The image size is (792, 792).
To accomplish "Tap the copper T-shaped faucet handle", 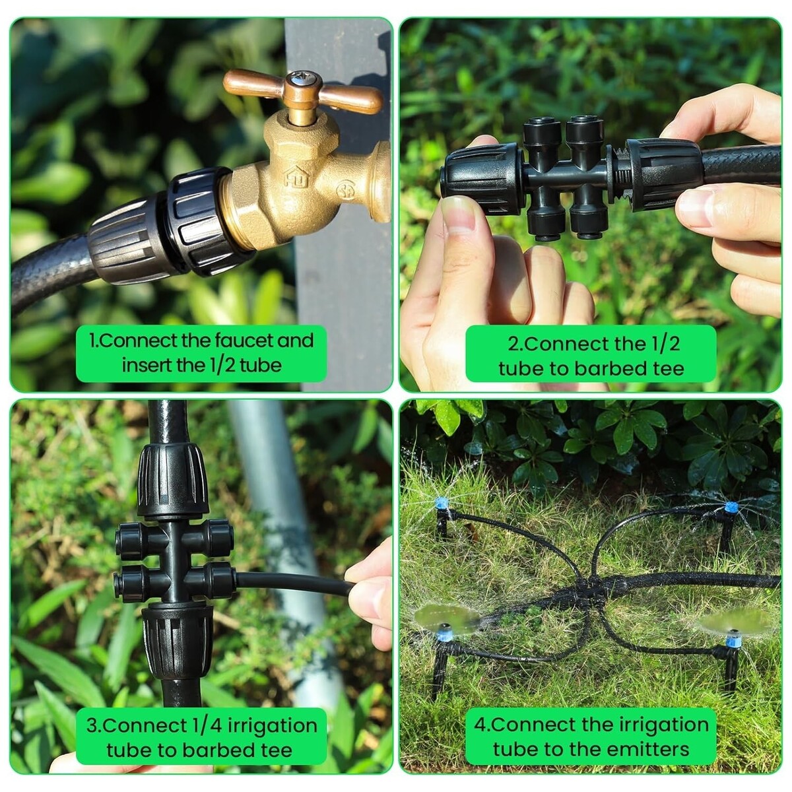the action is tap(304, 91).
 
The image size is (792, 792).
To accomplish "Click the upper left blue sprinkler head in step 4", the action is tap(441, 503).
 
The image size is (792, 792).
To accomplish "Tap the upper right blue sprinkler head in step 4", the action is tap(731, 507).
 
